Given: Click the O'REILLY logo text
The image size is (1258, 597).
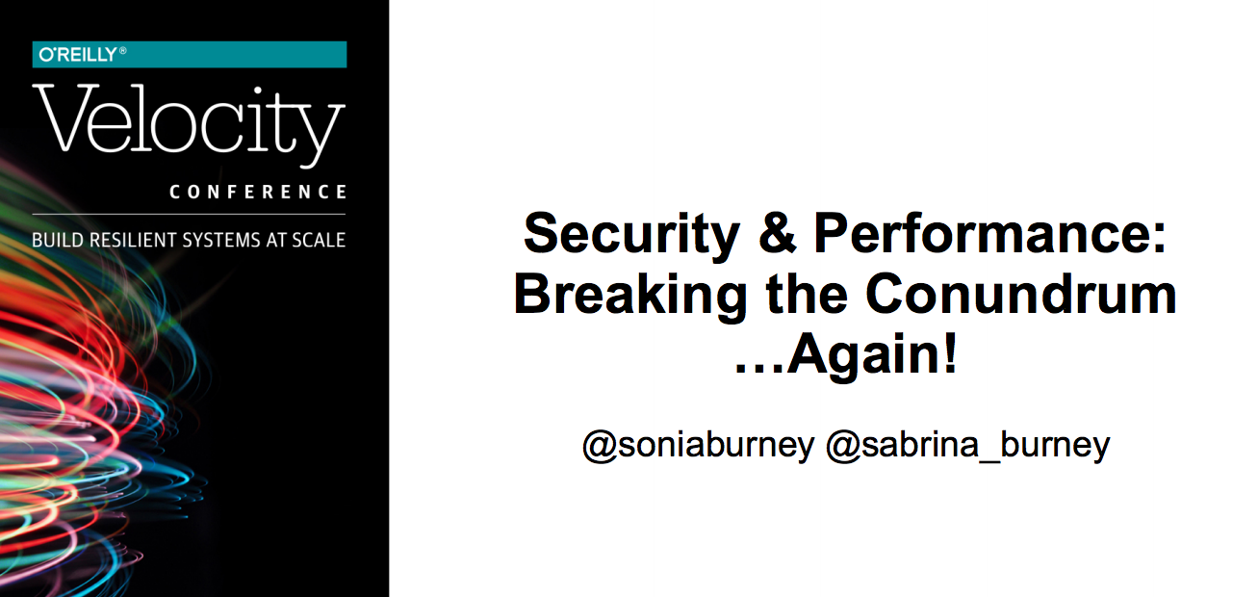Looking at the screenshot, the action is click(78, 55).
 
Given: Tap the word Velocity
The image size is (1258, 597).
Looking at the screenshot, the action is click(189, 125).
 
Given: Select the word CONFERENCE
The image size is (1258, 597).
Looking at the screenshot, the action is click(258, 192).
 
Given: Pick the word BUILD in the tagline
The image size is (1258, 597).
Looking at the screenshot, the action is click(58, 240).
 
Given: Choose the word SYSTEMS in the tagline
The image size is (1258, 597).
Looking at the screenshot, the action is click(221, 240).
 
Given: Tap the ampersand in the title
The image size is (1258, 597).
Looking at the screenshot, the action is click(777, 233).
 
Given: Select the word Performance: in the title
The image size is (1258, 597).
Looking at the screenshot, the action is click(990, 233).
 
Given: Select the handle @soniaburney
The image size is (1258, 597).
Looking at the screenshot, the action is click(698, 447).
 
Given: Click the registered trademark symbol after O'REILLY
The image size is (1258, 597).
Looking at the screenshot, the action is click(123, 50).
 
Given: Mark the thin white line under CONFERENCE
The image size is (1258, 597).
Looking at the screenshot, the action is click(189, 214).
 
